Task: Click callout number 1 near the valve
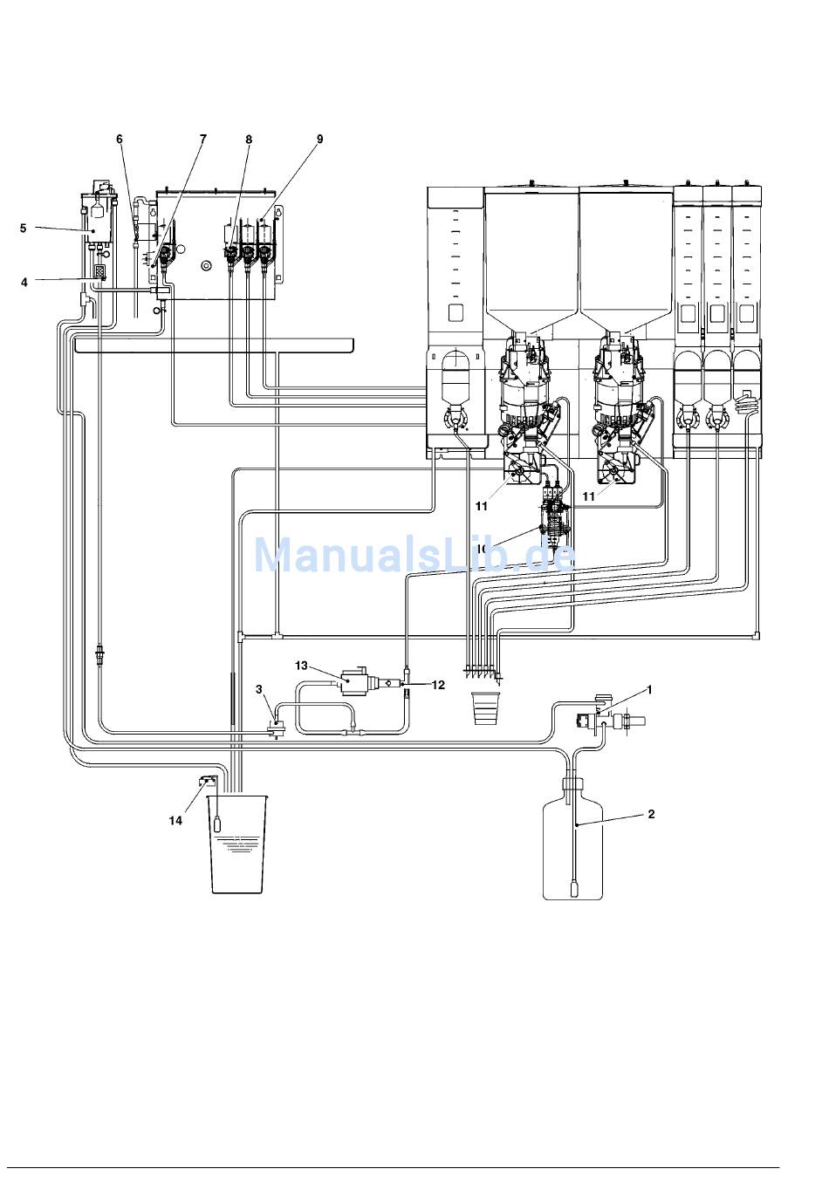pyautogui.click(x=648, y=690)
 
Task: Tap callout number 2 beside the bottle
pyautogui.click(x=650, y=814)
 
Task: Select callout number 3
pyautogui.click(x=259, y=689)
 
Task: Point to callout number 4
pyautogui.click(x=24, y=282)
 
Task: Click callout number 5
pyautogui.click(x=24, y=229)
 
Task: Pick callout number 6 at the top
pyautogui.click(x=120, y=139)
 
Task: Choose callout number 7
pyautogui.click(x=203, y=139)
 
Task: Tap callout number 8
pyautogui.click(x=249, y=139)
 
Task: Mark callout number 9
pyautogui.click(x=319, y=139)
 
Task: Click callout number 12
pyautogui.click(x=438, y=685)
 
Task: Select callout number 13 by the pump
pyautogui.click(x=301, y=666)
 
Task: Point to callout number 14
pyautogui.click(x=176, y=821)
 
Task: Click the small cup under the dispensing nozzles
pyautogui.click(x=484, y=707)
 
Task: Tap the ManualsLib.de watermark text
pyautogui.click(x=414, y=556)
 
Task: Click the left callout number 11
pyautogui.click(x=481, y=507)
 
